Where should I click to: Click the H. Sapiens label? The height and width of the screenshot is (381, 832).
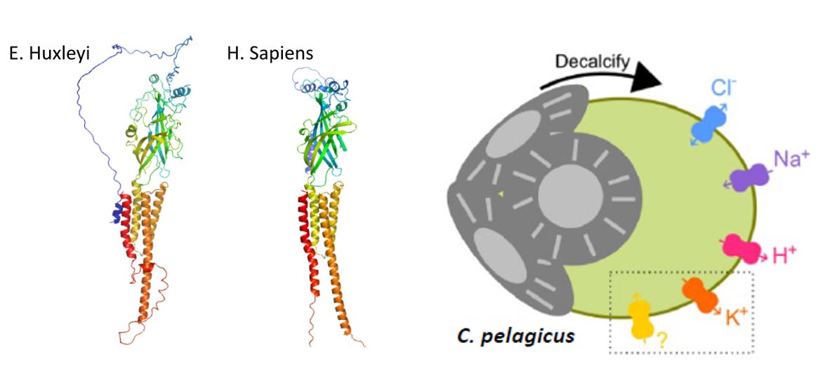pos(270,54)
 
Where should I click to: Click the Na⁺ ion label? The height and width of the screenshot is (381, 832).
pos(792,159)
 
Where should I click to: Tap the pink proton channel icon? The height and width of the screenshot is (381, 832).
pos(744,248)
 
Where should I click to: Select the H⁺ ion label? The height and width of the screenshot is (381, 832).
pos(786,257)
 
